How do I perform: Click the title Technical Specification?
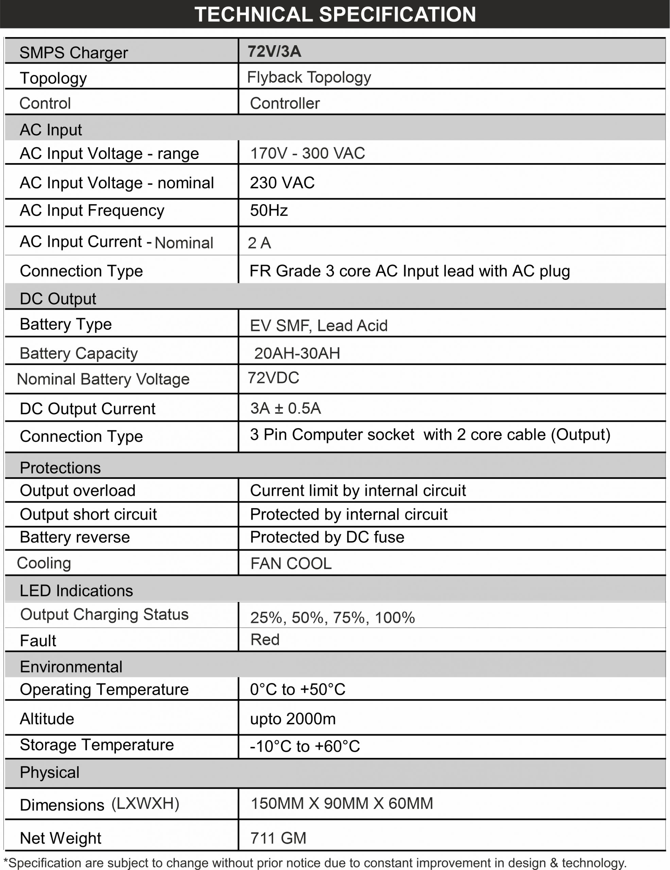(x=335, y=14)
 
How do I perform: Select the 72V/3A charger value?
(x=274, y=52)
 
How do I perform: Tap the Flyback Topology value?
(x=309, y=77)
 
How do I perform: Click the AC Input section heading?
(x=51, y=130)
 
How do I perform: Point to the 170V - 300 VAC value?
(x=308, y=153)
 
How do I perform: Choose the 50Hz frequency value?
(x=269, y=211)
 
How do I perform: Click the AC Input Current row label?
(x=116, y=242)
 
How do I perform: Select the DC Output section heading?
(x=58, y=299)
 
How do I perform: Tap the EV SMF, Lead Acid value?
(x=319, y=326)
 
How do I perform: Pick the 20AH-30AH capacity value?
(x=297, y=353)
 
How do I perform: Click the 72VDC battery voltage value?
(x=273, y=378)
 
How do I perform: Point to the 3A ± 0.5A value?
(x=286, y=408)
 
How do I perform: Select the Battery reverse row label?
(x=75, y=537)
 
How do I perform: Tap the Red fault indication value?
(x=265, y=640)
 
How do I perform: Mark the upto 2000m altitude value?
(x=293, y=719)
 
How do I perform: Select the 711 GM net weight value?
(x=278, y=838)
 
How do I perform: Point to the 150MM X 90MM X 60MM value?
(x=342, y=803)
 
